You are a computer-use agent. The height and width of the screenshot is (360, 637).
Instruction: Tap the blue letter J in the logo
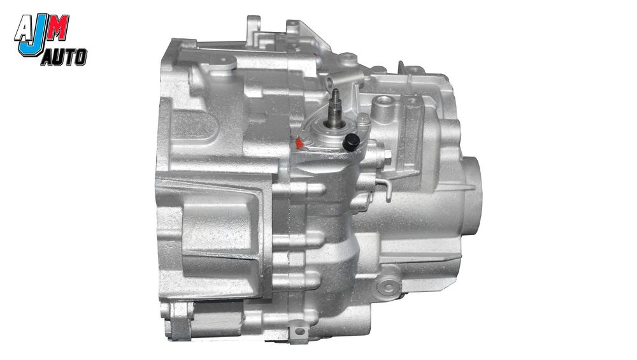pos(34,36)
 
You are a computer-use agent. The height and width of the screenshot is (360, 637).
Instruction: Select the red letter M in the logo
pos(58,27)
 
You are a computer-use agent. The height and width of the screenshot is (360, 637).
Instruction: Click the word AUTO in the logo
pos(64,57)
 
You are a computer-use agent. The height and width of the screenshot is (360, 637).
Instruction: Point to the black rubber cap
pos(351,143)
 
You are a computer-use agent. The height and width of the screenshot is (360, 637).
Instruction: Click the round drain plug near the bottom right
pos(389,286)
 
